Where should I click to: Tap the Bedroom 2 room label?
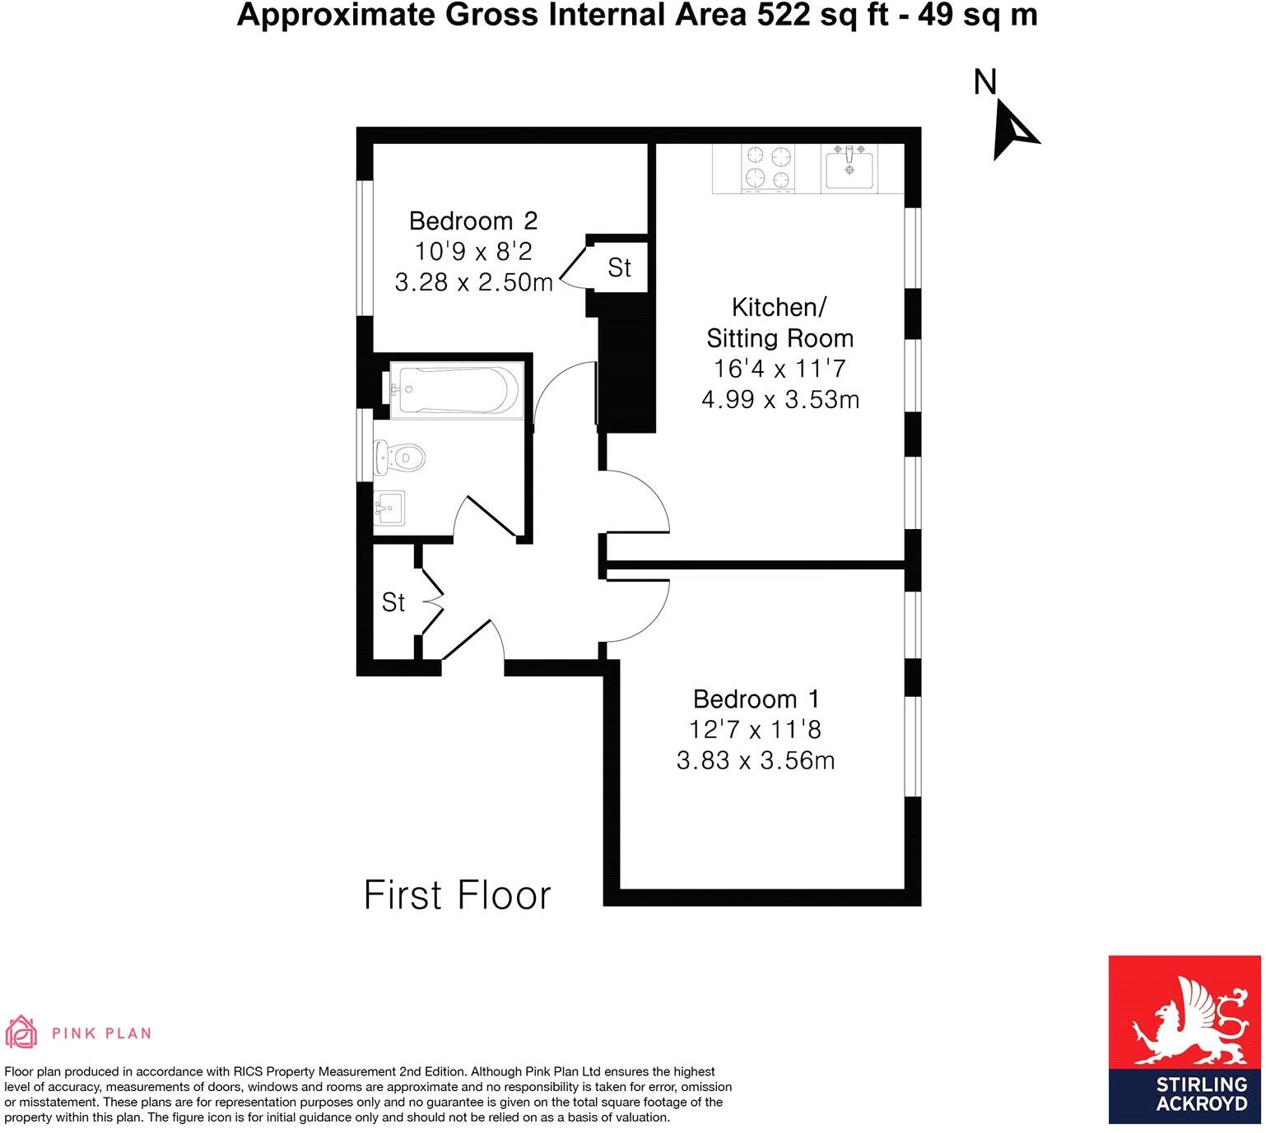point(472,221)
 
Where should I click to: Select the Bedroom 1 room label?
point(756,699)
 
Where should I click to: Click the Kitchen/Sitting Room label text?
point(780,323)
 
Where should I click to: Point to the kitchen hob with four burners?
point(768,167)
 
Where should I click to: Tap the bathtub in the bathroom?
point(455,388)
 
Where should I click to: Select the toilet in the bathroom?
point(398,457)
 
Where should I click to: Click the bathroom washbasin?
point(389,508)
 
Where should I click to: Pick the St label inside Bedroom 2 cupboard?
point(619,267)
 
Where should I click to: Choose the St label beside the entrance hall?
point(393,602)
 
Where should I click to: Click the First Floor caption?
point(457,895)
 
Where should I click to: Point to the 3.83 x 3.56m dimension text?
point(756,760)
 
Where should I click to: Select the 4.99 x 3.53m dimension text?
point(780,400)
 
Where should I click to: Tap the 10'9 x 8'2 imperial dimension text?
point(472,252)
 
